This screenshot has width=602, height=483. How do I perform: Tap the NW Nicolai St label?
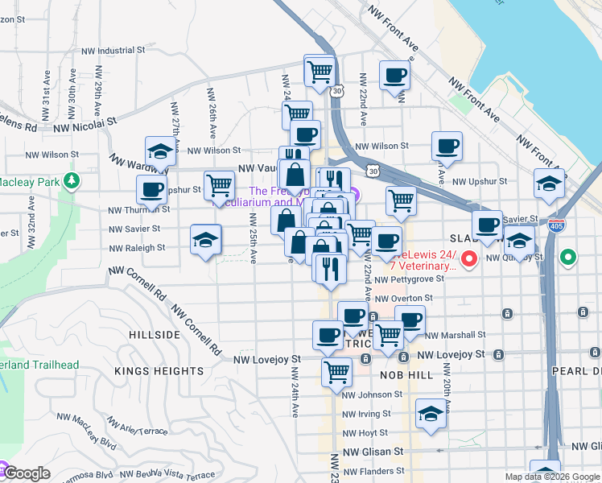[x=87, y=122]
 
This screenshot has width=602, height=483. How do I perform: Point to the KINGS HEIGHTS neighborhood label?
[x=159, y=371]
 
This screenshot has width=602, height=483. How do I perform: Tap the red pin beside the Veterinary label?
[x=471, y=259]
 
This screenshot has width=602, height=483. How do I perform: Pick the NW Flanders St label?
[x=372, y=471]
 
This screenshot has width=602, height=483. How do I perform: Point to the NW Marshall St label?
[x=456, y=334]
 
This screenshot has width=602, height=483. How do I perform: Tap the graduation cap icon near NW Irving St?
[x=431, y=415]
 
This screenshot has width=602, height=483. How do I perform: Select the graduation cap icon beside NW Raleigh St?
[x=204, y=239]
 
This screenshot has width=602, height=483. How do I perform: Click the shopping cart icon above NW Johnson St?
[x=336, y=373]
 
